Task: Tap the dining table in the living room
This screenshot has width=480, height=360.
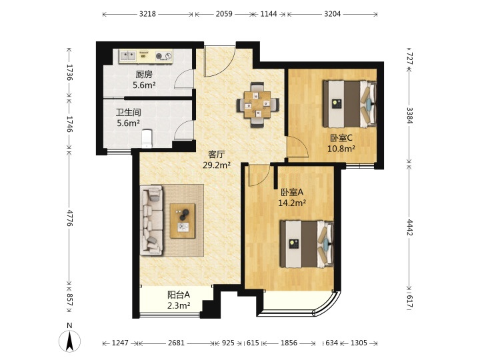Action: [x=258, y=105]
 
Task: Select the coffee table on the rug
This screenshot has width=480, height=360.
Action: [x=183, y=221]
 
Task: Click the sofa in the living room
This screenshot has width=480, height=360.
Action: [x=151, y=220]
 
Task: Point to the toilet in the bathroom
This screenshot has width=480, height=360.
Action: [x=147, y=139]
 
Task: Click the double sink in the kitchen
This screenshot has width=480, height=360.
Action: [x=128, y=56]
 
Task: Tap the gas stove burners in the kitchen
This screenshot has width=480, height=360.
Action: [x=164, y=56]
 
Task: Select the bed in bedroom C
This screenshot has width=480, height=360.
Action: [x=349, y=104]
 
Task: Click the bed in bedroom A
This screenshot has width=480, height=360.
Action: [x=307, y=244]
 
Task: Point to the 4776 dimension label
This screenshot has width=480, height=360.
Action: [x=70, y=218]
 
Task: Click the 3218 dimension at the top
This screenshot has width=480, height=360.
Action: [x=147, y=14]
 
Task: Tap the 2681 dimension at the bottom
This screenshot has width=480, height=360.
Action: [x=176, y=343]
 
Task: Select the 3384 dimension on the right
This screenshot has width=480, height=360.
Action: [x=409, y=115]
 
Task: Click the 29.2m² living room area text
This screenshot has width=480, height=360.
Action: [x=217, y=165]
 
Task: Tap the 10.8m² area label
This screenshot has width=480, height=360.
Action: [x=341, y=149]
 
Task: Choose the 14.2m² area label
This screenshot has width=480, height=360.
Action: [x=292, y=203]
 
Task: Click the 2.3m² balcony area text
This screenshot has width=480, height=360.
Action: [x=179, y=305]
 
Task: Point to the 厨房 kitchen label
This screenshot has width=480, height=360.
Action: [x=144, y=75]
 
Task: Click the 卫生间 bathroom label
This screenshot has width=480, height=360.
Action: [x=129, y=113]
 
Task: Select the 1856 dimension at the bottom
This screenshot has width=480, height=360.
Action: [x=289, y=343]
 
